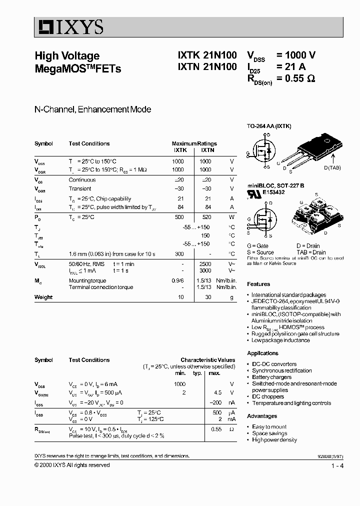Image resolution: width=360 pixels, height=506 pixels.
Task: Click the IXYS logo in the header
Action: click(69, 26)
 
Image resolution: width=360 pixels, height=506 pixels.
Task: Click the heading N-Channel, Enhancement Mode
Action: click(92, 109)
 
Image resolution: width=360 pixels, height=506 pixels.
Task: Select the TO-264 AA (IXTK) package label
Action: click(269, 126)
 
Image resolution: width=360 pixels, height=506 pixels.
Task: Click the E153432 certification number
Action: click(275, 191)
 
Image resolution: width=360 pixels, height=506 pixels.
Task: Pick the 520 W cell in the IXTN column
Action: click(205, 217)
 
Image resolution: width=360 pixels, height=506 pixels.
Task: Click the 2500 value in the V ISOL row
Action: click(205, 263)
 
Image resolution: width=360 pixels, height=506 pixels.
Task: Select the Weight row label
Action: click(43, 297)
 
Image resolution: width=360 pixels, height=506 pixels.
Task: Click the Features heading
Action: click(258, 284)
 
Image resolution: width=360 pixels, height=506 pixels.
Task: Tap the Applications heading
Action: click(262, 353)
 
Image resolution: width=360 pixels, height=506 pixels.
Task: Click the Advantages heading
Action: click(262, 416)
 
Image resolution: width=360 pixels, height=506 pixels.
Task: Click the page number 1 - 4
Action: click(337, 466)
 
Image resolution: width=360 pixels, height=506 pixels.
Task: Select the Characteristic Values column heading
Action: click(207, 360)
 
